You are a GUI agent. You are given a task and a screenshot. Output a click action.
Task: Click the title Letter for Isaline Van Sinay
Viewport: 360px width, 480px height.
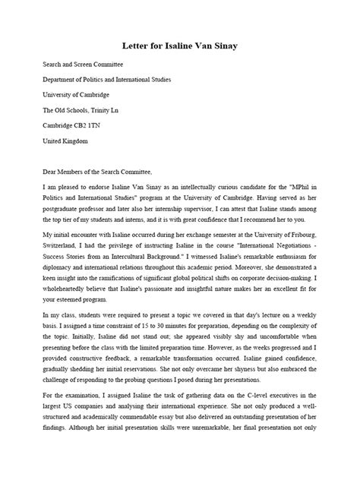180,47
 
